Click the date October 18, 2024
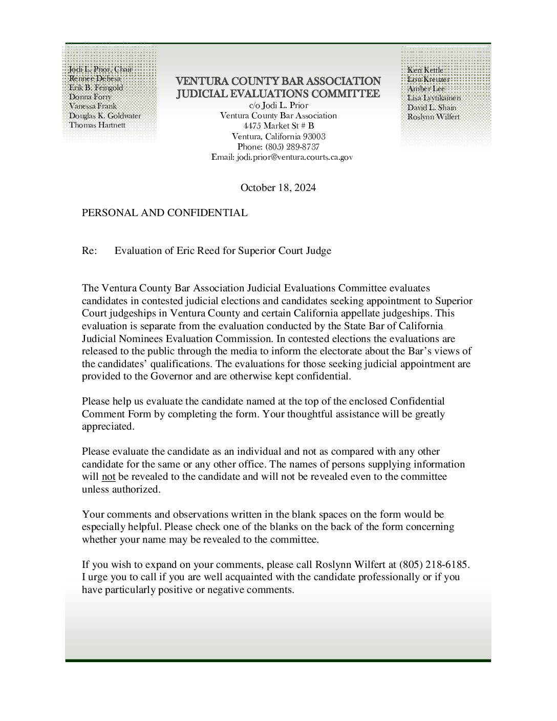click(x=278, y=187)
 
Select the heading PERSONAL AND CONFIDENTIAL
click(x=164, y=213)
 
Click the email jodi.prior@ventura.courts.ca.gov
click(x=282, y=158)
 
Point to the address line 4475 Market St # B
click(x=278, y=126)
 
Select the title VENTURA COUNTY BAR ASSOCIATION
click(x=278, y=81)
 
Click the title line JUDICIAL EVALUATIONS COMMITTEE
click(x=278, y=94)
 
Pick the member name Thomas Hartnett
click(x=97, y=125)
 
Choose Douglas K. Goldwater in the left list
click(x=105, y=116)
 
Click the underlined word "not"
click(x=109, y=477)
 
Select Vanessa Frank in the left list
click(x=93, y=107)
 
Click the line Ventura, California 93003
click(x=278, y=137)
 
